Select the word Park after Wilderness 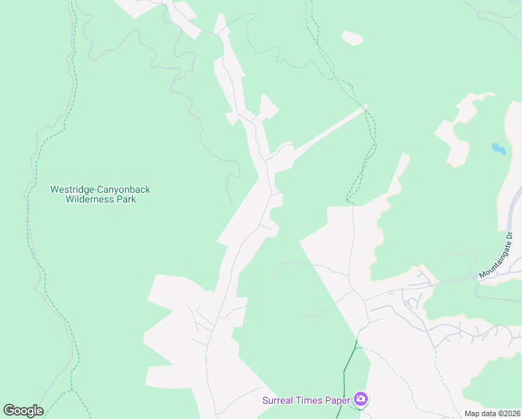pyautogui.click(x=126, y=199)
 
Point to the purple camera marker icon pyautogui.click(x=361, y=399)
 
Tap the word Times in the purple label pyautogui.click(x=308, y=400)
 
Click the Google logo pyautogui.click(x=23, y=411)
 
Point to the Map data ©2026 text pyautogui.click(x=492, y=413)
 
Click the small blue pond pyautogui.click(x=498, y=148)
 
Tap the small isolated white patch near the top pyautogui.click(x=352, y=38)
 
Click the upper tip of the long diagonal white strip pyautogui.click(x=364, y=107)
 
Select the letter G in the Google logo pyautogui.click(x=9, y=411)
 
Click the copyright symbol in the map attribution pyautogui.click(x=498, y=413)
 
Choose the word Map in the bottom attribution pyautogui.click(x=472, y=413)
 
